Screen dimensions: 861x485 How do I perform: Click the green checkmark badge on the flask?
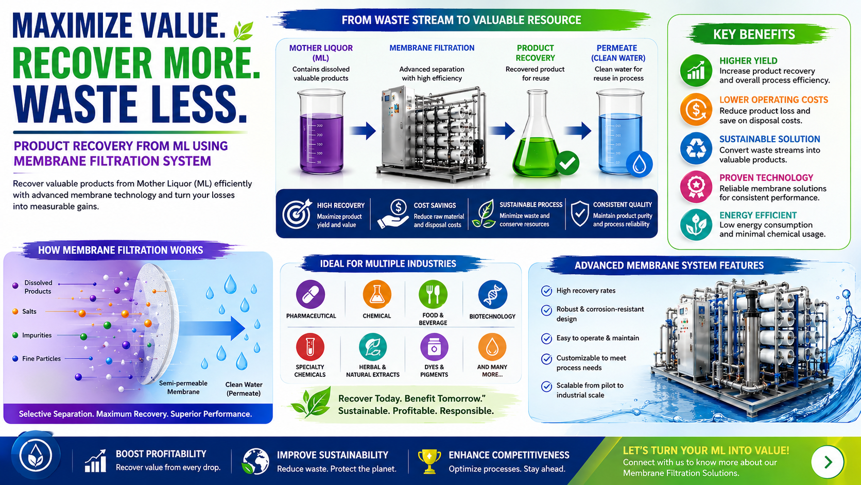pyautogui.click(x=567, y=163)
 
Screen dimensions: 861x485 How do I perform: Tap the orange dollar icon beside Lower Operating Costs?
pyautogui.click(x=696, y=110)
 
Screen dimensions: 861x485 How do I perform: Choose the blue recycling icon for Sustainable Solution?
pyautogui.click(x=696, y=148)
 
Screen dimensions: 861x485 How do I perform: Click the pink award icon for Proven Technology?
pyautogui.click(x=696, y=187)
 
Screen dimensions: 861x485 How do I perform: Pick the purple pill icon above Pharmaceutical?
pyautogui.click(x=311, y=295)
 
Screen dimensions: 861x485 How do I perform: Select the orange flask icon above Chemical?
pyautogui.click(x=377, y=295)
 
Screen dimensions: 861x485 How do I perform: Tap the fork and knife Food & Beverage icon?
pyautogui.click(x=433, y=295)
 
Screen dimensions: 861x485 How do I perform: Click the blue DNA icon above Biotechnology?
pyautogui.click(x=492, y=295)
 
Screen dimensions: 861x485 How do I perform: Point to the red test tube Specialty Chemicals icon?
pyautogui.click(x=310, y=347)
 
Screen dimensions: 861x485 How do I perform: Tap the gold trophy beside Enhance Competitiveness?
pyautogui.click(x=429, y=461)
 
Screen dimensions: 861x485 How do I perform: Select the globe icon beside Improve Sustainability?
pyautogui.click(x=255, y=461)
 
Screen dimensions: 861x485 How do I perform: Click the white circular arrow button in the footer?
pyautogui.click(x=828, y=462)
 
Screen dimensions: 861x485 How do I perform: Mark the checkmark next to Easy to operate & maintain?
pyautogui.click(x=546, y=339)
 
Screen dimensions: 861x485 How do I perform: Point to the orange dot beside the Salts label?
pyautogui.click(x=15, y=311)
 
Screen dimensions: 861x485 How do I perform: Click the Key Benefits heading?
pyautogui.click(x=754, y=35)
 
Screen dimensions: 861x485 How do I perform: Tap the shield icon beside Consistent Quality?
pyautogui.click(x=580, y=213)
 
